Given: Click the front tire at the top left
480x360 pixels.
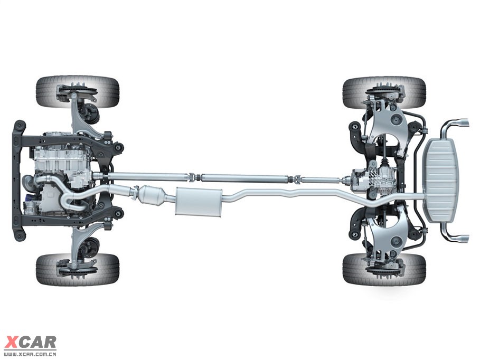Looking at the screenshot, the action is point(78,92).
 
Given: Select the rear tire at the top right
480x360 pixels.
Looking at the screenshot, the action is point(384,93).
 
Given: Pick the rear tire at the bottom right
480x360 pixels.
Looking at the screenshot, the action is point(384,269).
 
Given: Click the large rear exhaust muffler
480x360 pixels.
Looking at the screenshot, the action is point(440,181).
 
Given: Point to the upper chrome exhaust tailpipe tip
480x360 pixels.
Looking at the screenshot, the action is point(460,122).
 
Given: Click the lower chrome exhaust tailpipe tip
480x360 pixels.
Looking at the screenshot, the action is point(460,239).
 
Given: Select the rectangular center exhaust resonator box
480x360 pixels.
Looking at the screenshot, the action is point(199,201).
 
